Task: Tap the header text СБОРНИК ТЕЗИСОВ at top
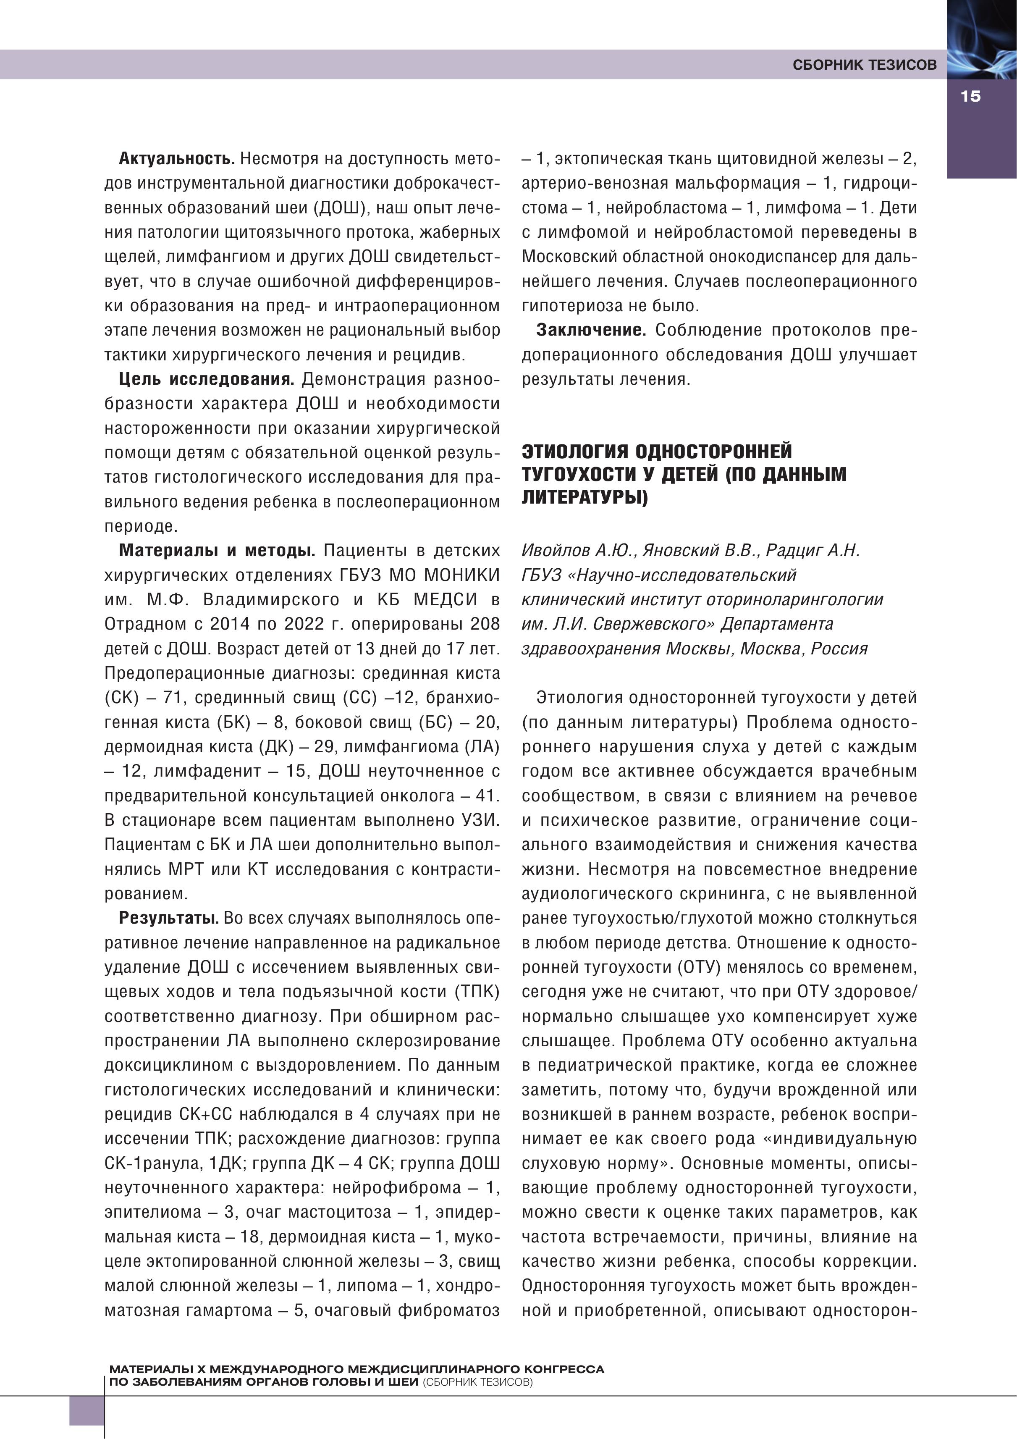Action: [x=864, y=65]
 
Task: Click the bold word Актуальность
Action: [x=176, y=159]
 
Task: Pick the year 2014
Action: [x=231, y=624]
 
